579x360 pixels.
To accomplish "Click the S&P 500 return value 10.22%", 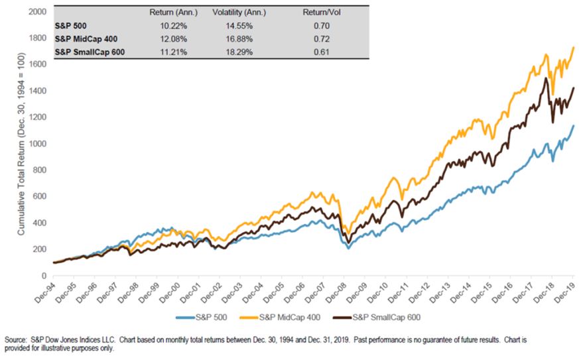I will [x=159, y=26].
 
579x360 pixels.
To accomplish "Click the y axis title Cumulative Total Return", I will [x=21, y=143].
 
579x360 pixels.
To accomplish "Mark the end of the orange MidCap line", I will [x=573, y=48].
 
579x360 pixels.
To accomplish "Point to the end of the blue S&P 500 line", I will [x=573, y=125].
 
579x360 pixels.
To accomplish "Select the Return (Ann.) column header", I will [x=159, y=13].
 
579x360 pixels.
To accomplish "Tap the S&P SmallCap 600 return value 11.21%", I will [x=159, y=51].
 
